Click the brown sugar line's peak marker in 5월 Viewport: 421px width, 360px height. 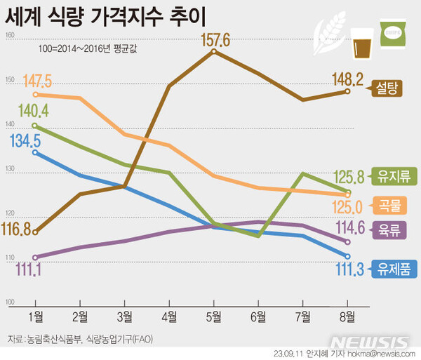[x=213, y=51]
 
